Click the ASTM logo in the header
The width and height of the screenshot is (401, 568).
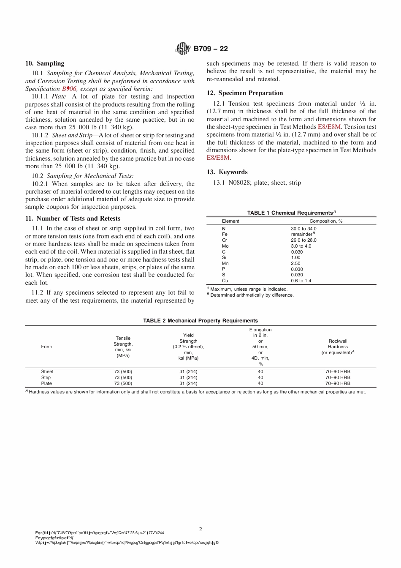click(x=183, y=49)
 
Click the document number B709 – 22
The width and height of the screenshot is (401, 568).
click(x=211, y=49)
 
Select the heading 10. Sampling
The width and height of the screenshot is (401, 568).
click(x=45, y=63)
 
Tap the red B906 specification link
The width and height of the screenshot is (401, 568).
click(x=69, y=89)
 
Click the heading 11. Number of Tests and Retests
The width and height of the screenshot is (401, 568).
click(x=73, y=218)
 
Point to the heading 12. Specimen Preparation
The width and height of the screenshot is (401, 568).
click(x=245, y=93)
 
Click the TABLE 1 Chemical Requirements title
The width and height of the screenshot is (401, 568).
click(x=291, y=213)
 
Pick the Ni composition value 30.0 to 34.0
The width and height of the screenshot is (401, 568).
click(x=303, y=229)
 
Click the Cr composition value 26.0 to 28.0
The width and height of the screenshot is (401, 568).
click(x=303, y=240)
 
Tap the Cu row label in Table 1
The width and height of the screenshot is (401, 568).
click(x=225, y=281)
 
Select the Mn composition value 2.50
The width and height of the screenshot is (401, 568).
click(x=295, y=263)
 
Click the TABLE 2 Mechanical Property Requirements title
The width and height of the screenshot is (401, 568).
click(x=200, y=320)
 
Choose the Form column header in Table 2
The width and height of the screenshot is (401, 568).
click(x=46, y=347)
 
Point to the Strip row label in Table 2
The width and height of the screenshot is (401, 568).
click(x=46, y=377)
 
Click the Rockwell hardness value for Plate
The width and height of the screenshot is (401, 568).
click(x=338, y=383)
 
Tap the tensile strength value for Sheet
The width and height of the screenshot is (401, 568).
click(x=123, y=371)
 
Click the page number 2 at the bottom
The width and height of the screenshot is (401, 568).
click(x=200, y=529)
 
